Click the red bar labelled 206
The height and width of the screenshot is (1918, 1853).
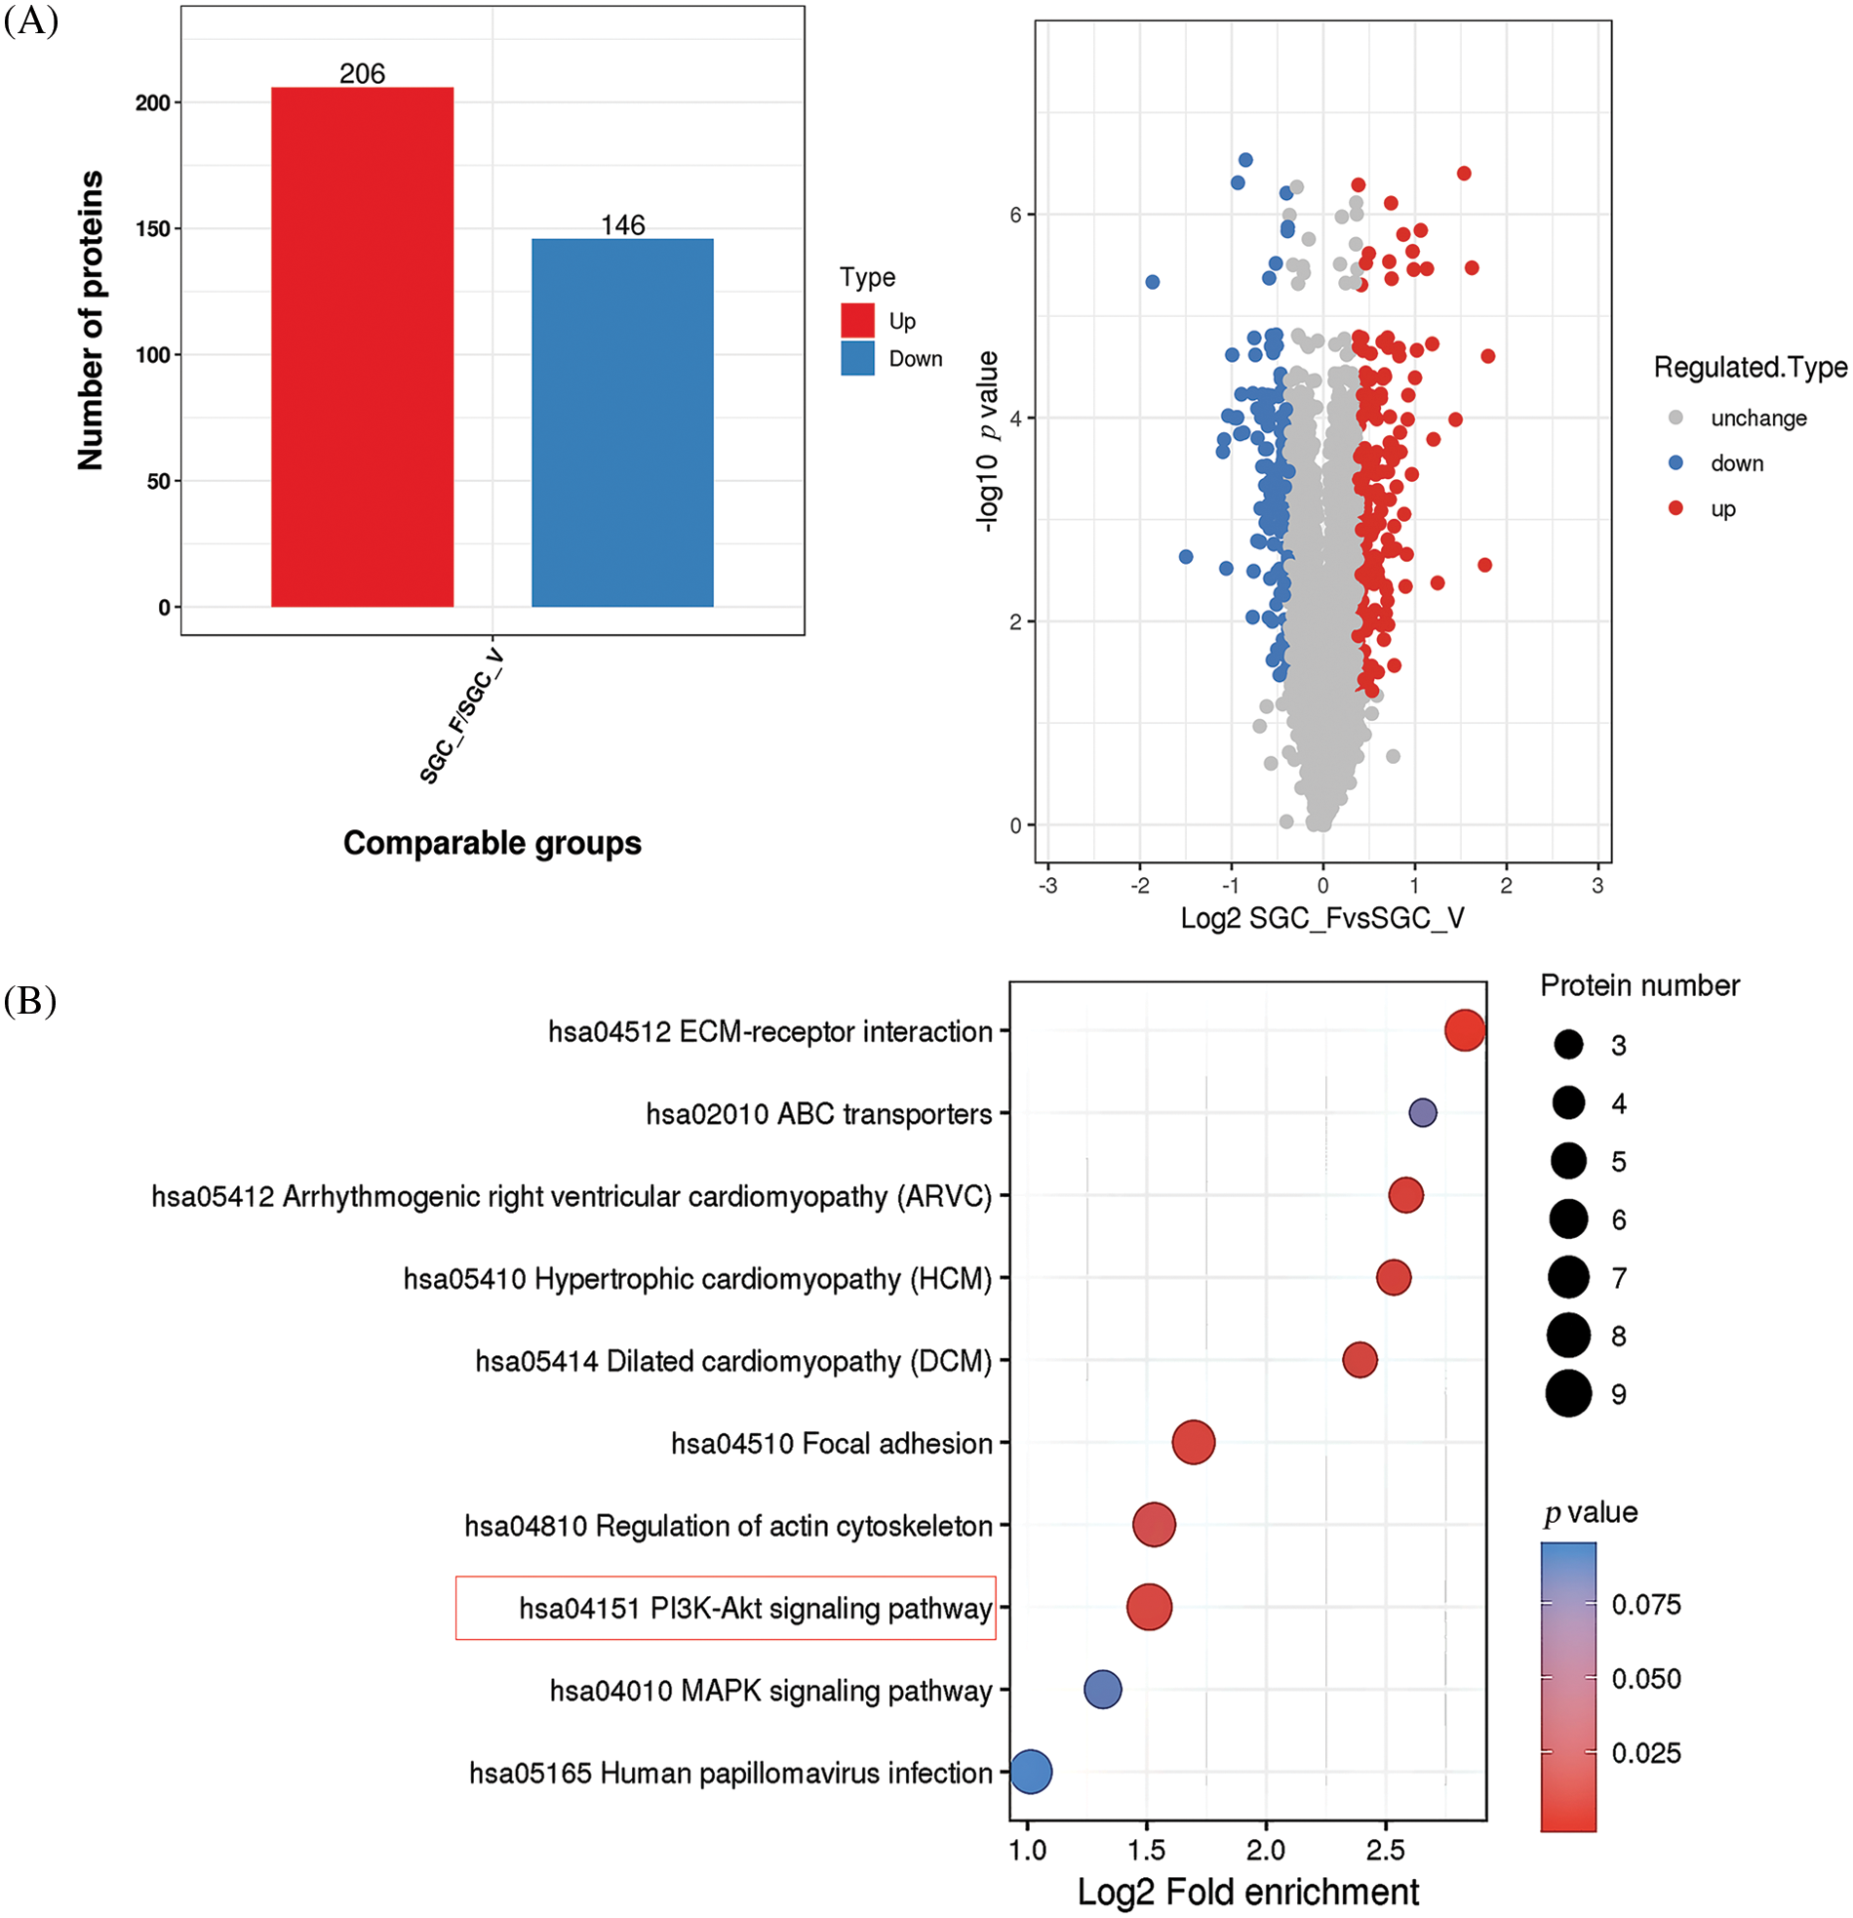362,346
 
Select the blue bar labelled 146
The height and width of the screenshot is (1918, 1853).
622,422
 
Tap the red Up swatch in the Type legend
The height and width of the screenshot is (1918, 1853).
857,321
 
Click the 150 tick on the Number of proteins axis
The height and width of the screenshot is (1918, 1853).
152,229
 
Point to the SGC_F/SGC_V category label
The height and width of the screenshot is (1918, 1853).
460,716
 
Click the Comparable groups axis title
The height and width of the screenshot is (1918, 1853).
493,844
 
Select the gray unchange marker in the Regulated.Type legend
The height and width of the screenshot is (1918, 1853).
1676,418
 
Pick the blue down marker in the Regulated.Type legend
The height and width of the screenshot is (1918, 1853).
1676,462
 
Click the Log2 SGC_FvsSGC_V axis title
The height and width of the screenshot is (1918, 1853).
1321,918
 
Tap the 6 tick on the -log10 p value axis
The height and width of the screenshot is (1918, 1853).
1015,215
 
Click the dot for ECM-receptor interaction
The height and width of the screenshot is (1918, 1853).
1465,1030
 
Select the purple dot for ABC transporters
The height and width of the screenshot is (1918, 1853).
1423,1112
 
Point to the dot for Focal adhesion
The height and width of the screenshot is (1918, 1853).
1194,1443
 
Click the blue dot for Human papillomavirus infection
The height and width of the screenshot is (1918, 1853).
1030,1772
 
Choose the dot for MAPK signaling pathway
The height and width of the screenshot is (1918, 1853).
1103,1689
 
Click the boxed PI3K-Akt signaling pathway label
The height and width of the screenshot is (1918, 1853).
725,1608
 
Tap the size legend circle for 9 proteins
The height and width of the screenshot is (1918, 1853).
1568,1393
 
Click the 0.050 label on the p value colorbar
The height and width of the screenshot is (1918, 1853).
1646,1679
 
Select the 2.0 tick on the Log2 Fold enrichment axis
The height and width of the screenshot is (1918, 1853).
1266,1851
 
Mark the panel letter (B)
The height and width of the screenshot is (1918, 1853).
30,1001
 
